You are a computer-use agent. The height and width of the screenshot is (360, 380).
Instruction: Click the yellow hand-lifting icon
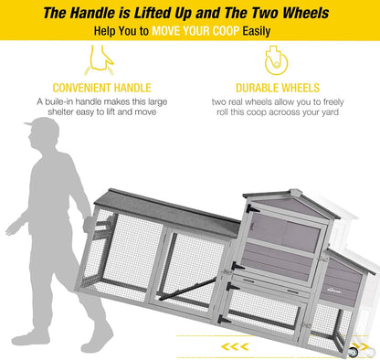[99, 60]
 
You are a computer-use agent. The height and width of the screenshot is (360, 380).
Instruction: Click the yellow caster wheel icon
[276, 60]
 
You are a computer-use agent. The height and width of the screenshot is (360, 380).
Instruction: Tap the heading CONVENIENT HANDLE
[101, 88]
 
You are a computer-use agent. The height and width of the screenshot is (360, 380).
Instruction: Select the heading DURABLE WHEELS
[278, 88]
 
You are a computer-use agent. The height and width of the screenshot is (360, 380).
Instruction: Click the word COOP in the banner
[225, 31]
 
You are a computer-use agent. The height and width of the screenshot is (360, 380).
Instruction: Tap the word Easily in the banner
[257, 31]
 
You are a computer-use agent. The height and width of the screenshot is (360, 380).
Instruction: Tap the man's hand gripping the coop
[88, 223]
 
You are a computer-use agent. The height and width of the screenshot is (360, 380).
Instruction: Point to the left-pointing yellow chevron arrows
[235, 346]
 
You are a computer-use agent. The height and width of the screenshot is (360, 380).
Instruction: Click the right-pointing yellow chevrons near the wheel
[364, 346]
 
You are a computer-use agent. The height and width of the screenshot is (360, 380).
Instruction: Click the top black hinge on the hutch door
[252, 209]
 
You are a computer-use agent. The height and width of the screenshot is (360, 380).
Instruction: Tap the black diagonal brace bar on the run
[187, 289]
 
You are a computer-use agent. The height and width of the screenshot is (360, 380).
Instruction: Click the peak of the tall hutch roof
[296, 191]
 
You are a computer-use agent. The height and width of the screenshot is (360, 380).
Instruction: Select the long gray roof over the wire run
[167, 212]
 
